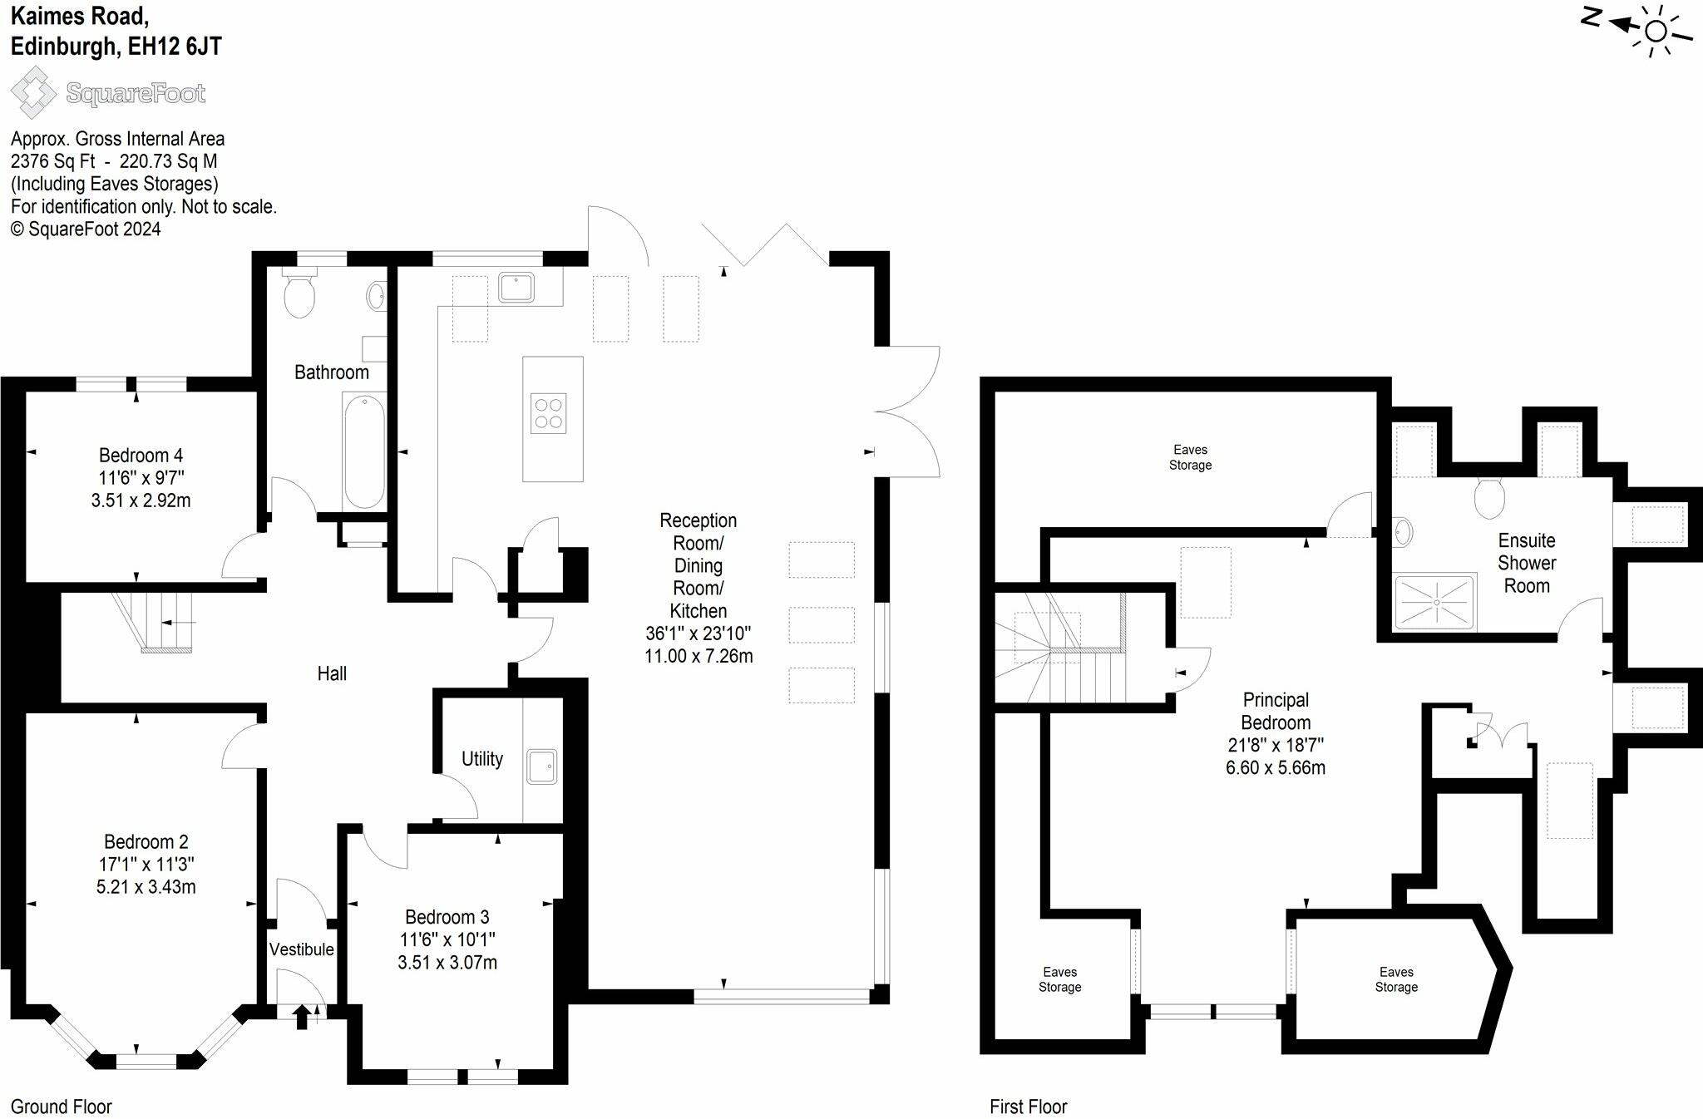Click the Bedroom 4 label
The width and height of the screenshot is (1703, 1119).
tap(141, 456)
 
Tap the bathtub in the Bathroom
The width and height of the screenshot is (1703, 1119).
tap(364, 451)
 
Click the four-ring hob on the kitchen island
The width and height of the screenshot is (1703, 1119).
tap(549, 413)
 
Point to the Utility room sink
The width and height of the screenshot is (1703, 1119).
tap(541, 767)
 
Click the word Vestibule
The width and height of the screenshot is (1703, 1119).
tap(302, 949)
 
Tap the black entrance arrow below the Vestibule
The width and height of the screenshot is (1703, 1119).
tap(302, 1016)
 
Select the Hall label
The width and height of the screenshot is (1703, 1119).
tap(332, 673)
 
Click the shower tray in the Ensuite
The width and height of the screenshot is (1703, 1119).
tap(1434, 602)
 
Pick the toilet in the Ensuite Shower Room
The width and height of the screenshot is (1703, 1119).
tap(1489, 497)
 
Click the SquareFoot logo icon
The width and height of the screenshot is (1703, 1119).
tap(34, 92)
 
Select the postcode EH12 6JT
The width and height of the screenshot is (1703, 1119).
tap(175, 47)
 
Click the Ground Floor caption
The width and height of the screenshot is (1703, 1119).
tap(62, 1107)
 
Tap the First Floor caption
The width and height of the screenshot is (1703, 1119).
tap(1028, 1107)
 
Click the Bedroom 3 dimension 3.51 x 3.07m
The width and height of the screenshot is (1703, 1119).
tap(447, 963)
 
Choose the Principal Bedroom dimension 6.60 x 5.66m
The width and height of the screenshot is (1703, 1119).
tap(1276, 768)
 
